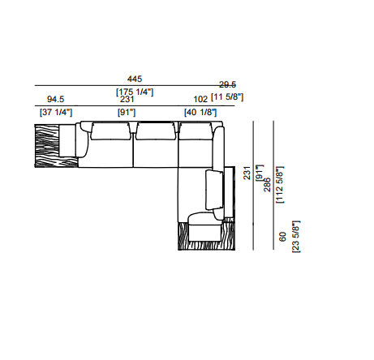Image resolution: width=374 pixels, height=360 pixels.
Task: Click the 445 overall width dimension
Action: (x=135, y=79)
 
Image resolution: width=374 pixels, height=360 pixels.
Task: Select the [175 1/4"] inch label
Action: (x=135, y=92)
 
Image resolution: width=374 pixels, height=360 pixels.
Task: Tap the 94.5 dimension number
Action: (x=56, y=99)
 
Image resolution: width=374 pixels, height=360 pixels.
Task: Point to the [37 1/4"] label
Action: (x=56, y=112)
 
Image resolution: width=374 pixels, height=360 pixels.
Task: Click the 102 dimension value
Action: (x=200, y=99)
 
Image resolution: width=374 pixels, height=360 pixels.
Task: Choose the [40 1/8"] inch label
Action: (x=200, y=112)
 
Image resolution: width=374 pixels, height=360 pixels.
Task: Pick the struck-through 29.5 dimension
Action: (x=227, y=85)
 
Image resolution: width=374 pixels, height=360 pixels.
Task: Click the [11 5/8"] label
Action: (x=227, y=96)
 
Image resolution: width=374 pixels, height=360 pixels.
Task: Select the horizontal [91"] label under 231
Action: (x=127, y=112)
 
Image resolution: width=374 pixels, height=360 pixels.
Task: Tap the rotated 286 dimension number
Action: (x=267, y=185)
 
